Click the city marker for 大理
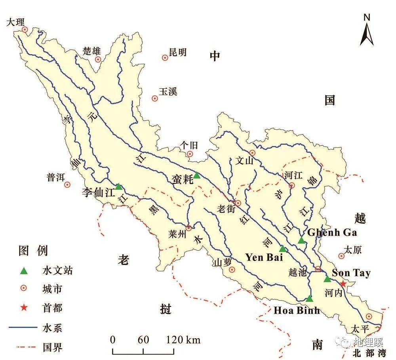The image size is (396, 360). (25, 29)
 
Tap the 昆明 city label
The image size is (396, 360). (177, 52)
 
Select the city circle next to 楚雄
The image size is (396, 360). (98, 59)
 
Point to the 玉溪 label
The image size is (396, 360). (168, 92)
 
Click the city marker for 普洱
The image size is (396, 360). (67, 185)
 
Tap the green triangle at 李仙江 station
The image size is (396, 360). (118, 187)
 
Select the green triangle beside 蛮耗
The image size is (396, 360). (197, 175)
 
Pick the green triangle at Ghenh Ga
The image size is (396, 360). (301, 240)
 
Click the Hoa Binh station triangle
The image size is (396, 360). (309, 299)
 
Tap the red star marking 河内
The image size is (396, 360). (343, 284)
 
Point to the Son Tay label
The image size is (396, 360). (351, 273)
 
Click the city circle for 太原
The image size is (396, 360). (341, 256)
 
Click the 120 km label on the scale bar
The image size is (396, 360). (183, 340)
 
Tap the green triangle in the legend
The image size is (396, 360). (24, 271)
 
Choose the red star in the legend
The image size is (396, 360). (24, 308)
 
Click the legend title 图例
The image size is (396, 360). (33, 251)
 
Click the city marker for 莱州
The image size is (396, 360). (188, 228)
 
